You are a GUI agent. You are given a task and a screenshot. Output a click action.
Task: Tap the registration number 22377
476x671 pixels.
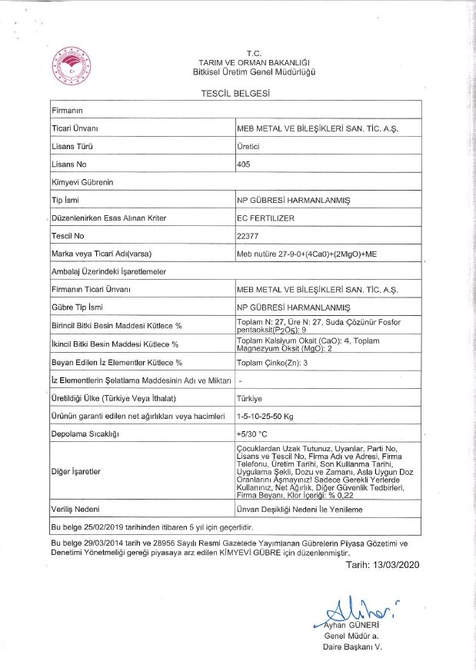point(249,235)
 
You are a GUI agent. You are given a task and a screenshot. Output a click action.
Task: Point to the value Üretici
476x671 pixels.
point(248,145)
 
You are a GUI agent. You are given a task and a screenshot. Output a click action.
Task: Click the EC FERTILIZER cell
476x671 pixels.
point(267,218)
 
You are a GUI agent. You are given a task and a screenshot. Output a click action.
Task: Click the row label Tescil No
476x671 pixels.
point(68,235)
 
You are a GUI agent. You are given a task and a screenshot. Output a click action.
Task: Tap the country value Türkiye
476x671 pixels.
point(251,398)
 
